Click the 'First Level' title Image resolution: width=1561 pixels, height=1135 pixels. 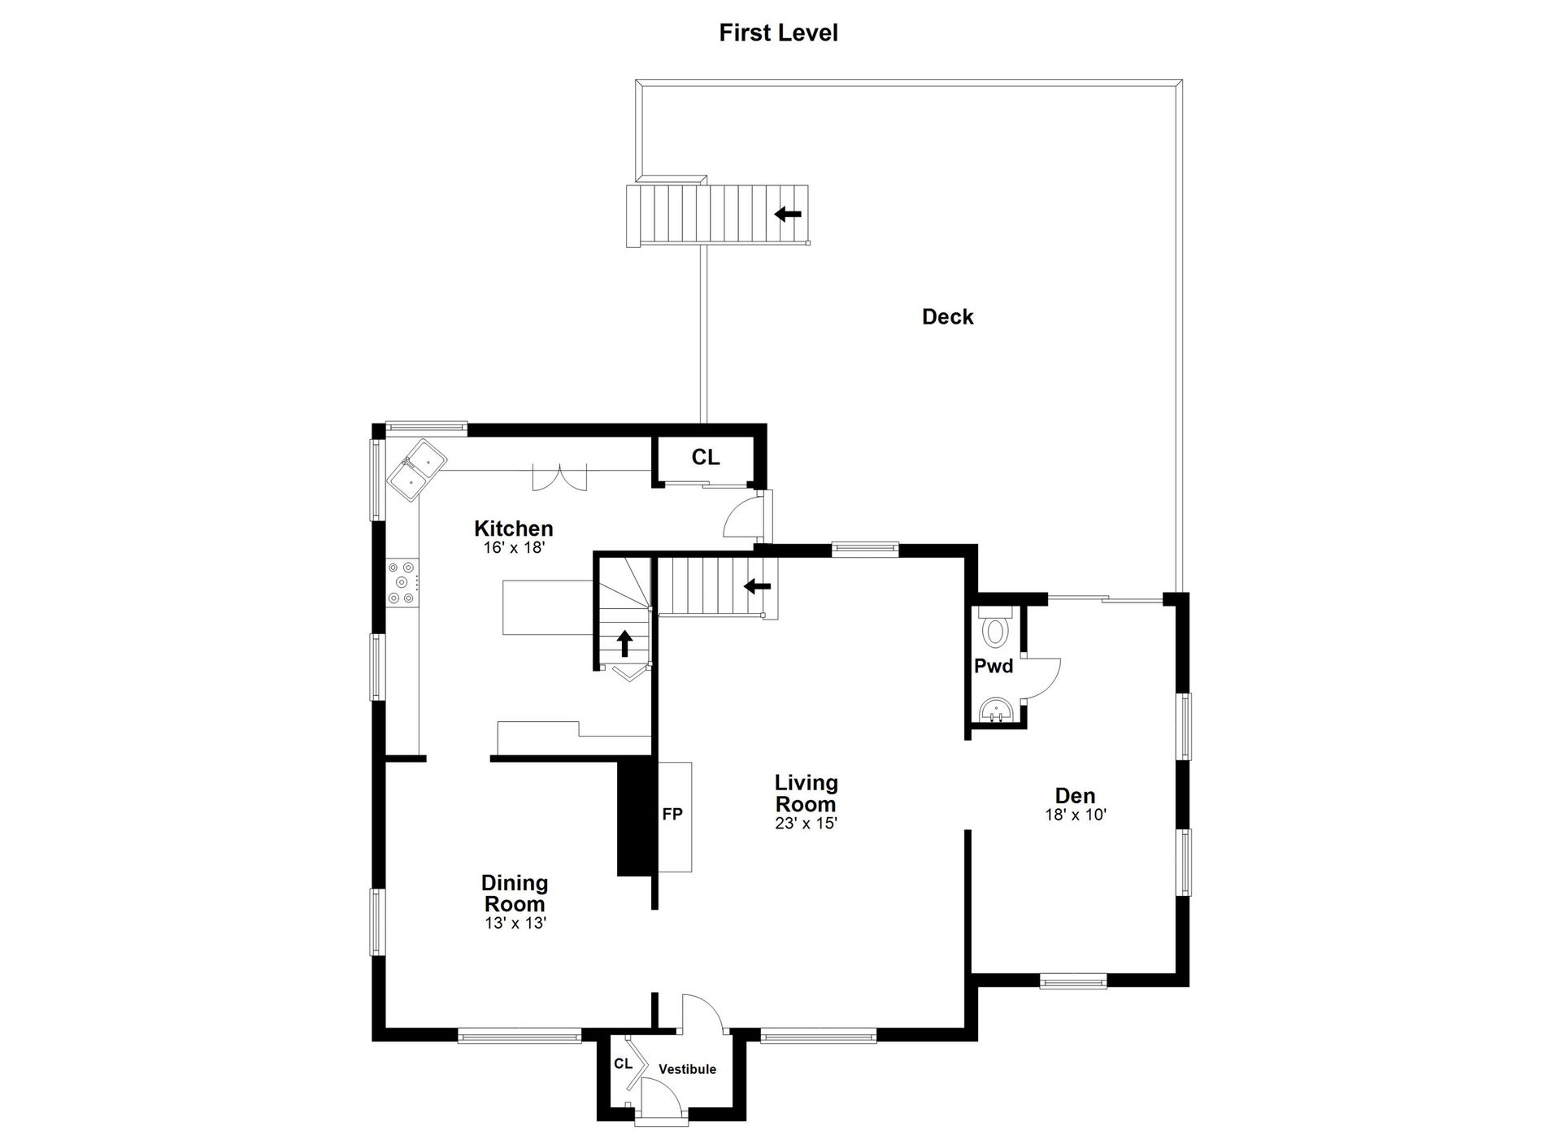click(x=778, y=33)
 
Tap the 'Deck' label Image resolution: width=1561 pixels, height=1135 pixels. click(x=947, y=317)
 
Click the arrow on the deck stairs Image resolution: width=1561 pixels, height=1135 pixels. click(x=787, y=215)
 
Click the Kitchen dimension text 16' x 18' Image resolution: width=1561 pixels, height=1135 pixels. click(x=514, y=548)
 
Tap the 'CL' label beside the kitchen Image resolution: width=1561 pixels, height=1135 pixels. click(x=705, y=458)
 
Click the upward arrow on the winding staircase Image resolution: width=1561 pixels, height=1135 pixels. click(x=624, y=643)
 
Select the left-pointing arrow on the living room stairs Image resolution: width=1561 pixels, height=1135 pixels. click(x=757, y=585)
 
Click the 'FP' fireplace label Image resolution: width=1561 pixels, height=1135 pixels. click(x=672, y=814)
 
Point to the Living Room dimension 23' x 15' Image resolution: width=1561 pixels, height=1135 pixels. click(x=806, y=823)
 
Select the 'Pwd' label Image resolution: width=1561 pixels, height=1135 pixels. click(x=994, y=667)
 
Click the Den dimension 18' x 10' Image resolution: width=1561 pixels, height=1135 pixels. click(x=1076, y=815)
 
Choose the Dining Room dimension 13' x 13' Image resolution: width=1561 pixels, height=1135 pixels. click(x=515, y=923)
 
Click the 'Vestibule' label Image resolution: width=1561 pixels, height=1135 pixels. click(x=687, y=1069)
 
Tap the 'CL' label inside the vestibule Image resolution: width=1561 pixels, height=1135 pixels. click(x=623, y=1063)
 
